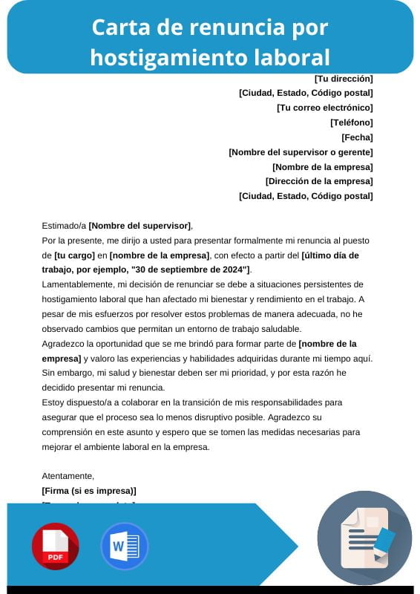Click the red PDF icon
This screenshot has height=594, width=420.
[55, 546]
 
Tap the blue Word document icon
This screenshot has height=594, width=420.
[124, 546]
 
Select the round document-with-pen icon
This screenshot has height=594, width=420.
[364, 538]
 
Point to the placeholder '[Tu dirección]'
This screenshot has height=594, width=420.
[344, 79]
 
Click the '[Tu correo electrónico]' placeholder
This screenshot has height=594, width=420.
[324, 108]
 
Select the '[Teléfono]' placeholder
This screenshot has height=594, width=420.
[352, 123]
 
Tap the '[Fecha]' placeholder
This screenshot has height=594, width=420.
[357, 137]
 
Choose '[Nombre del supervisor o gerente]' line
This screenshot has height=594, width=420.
[301, 152]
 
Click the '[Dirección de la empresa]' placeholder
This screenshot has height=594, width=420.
[319, 181]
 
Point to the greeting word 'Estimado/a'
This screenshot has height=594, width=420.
[64, 226]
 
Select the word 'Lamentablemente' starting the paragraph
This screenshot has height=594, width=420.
[77, 284]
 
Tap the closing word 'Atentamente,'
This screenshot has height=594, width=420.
[68, 476]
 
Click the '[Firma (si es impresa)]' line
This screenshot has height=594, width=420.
[89, 491]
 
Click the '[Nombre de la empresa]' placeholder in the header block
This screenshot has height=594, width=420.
[322, 167]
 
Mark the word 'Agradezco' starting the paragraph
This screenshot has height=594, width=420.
[65, 344]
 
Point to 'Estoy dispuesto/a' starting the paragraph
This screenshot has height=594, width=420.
[79, 402]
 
